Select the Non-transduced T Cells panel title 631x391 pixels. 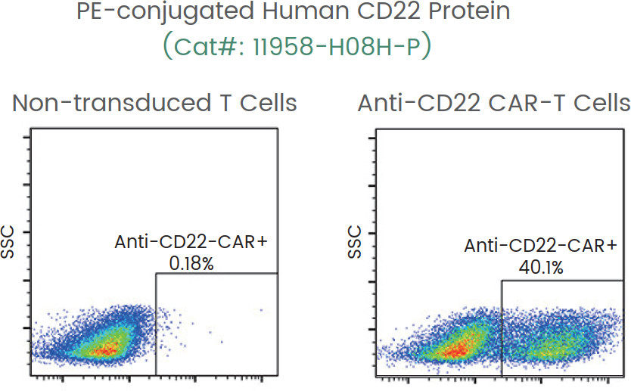pos(155,103)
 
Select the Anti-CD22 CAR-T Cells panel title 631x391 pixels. pos(494,103)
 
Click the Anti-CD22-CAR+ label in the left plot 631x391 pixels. pos(193,243)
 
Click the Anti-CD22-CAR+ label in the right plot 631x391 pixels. pos(541,247)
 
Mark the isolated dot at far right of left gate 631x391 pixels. pos(260,310)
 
